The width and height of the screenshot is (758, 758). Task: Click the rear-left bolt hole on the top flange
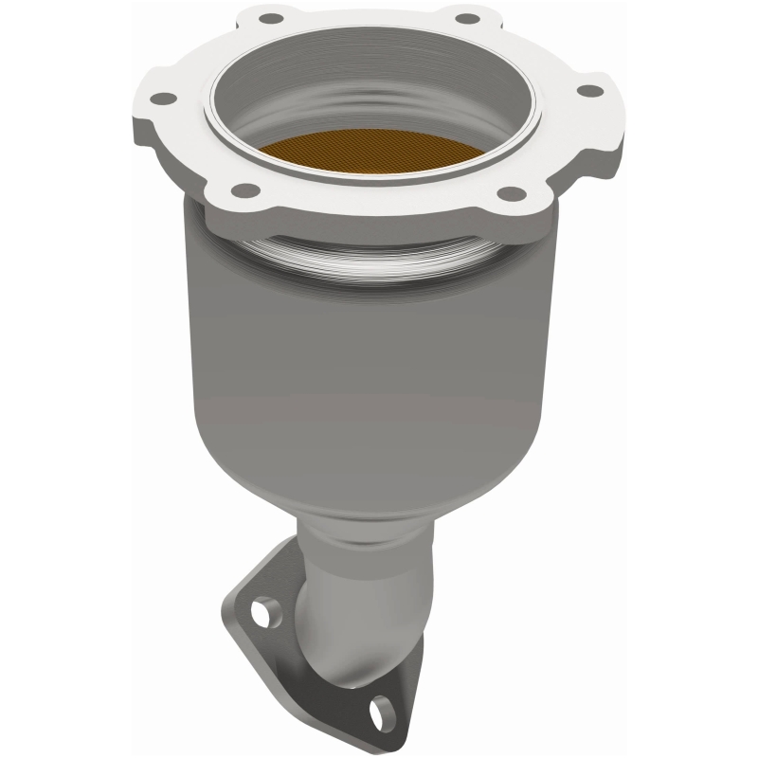click(270, 18)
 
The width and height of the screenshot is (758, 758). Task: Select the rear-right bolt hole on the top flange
click(466, 18)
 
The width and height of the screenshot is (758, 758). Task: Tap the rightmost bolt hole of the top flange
click(589, 91)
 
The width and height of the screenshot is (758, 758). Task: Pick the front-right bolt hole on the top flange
click(511, 193)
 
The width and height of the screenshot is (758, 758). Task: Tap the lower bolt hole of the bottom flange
click(383, 707)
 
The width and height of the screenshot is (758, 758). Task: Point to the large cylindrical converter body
click(379, 360)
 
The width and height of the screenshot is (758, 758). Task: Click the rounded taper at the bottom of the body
click(379, 493)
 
